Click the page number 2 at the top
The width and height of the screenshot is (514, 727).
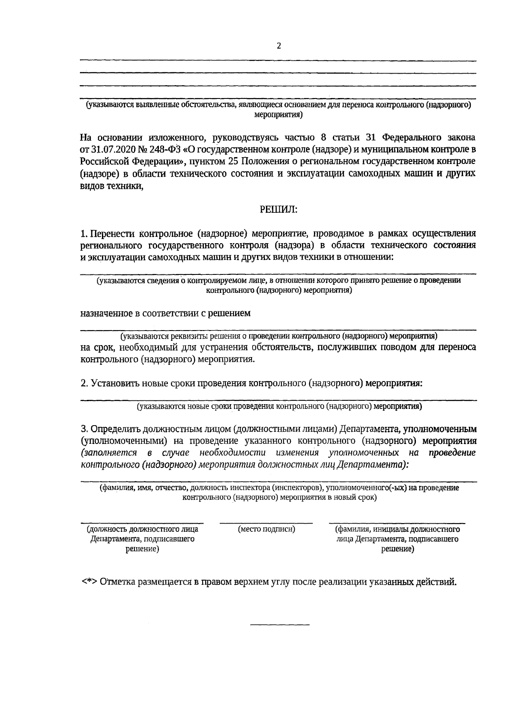pyautogui.click(x=279, y=46)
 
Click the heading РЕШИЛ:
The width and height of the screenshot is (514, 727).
pyautogui.click(x=278, y=209)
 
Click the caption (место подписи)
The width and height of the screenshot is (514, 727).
pyautogui.click(x=266, y=529)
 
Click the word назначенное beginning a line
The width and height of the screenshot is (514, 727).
pyautogui.click(x=106, y=313)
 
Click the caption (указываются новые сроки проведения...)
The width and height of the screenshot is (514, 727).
pyautogui.click(x=279, y=406)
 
